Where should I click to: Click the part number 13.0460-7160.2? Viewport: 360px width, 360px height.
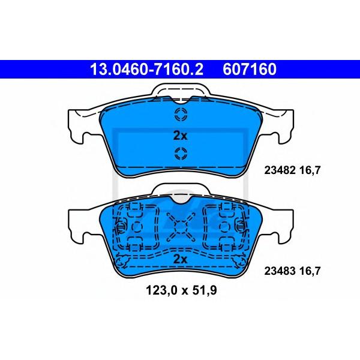tap(147, 69)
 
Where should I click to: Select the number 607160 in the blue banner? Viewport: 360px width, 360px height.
tap(250, 69)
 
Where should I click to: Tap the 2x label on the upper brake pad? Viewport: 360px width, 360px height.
tap(180, 136)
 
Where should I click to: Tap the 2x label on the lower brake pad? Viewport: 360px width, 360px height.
tap(180, 259)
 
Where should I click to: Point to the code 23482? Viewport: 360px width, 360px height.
tap(280, 170)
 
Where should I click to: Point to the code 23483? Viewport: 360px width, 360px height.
tap(280, 271)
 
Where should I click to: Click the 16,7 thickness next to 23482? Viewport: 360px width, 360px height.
tap(310, 170)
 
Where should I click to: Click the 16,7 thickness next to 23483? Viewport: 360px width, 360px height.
tap(310, 271)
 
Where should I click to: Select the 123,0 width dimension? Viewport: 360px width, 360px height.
tap(161, 290)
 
